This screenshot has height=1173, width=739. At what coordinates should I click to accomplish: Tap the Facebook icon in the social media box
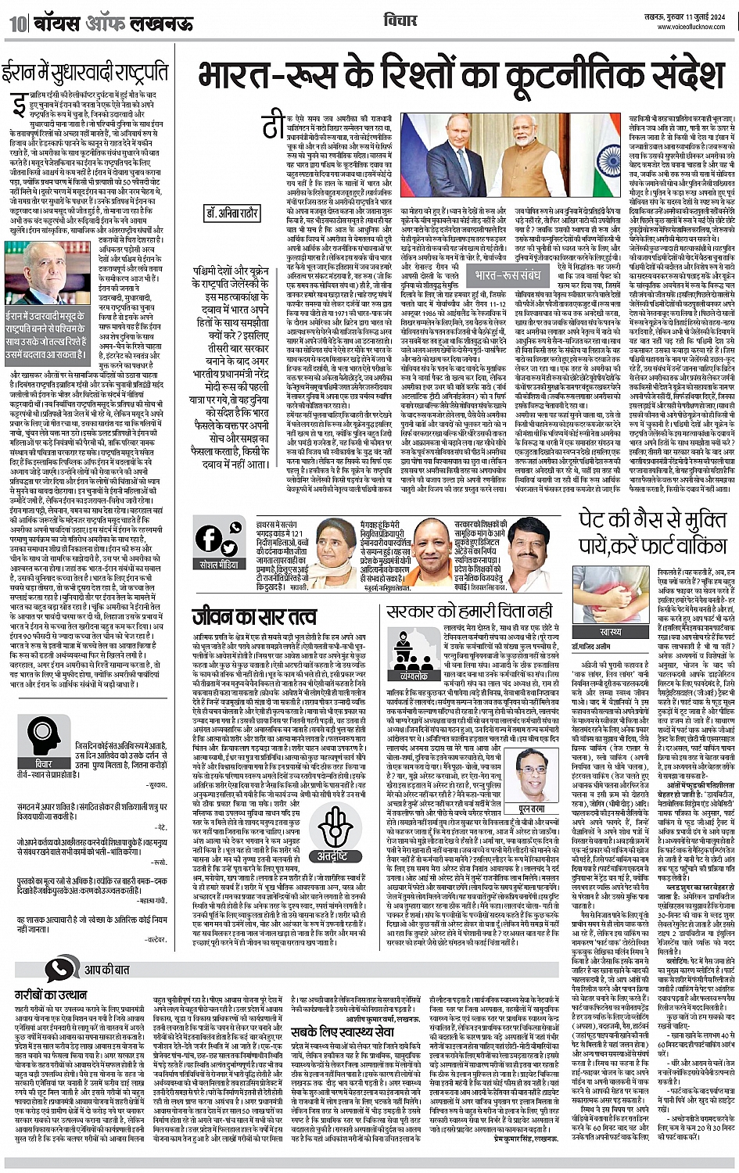pos(208,538)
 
